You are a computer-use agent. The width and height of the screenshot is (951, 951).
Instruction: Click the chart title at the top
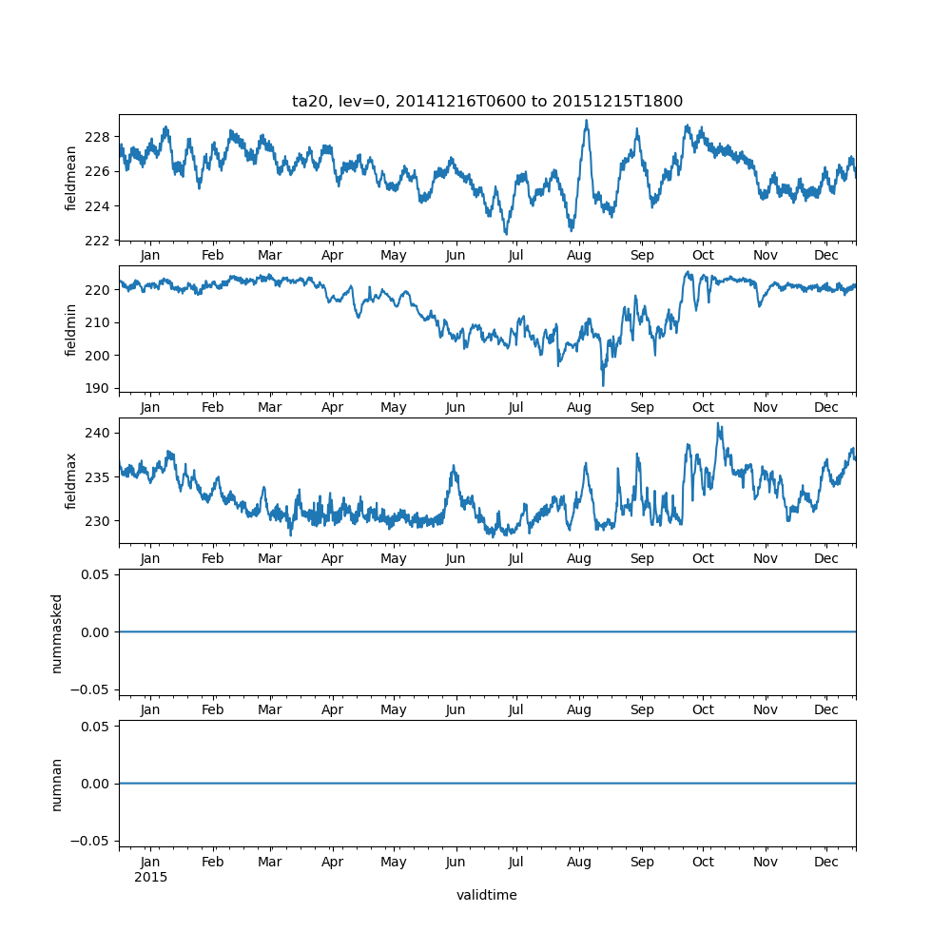coord(487,102)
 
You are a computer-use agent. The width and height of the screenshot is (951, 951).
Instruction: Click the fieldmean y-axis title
coord(71,178)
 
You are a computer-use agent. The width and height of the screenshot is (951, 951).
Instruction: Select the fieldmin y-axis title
coord(71,329)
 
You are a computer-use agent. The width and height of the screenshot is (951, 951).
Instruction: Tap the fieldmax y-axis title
coord(71,481)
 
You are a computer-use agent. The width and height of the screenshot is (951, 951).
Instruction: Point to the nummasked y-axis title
coord(57,632)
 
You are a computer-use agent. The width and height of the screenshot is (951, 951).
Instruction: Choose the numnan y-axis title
coord(57,784)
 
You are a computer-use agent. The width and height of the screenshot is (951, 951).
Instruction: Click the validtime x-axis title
coord(487,895)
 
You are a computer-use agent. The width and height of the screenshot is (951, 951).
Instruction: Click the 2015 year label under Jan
coord(150,877)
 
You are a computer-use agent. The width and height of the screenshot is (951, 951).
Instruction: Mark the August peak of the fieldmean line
coord(586,121)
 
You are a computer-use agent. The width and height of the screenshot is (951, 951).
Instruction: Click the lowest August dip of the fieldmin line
coord(603,385)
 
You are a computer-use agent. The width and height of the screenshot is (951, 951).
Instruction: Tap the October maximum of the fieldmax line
coord(718,424)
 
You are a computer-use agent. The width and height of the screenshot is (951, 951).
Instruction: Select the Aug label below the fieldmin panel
coord(579,407)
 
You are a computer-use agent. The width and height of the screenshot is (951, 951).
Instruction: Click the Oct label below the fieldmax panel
coord(703,559)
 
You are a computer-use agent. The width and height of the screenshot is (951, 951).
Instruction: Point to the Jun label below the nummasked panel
coord(456,710)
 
